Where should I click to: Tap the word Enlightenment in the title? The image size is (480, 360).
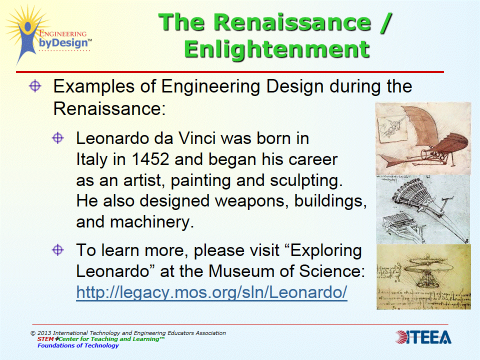click(x=276, y=49)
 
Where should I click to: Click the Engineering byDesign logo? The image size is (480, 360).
click(x=47, y=35)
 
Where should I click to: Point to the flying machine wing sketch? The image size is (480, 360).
click(x=422, y=137)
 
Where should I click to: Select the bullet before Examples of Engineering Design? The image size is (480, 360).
click(x=35, y=86)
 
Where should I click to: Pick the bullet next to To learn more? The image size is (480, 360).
click(x=58, y=249)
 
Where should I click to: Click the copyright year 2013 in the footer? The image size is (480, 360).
click(x=44, y=333)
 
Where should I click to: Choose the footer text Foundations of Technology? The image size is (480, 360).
click(x=78, y=345)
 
